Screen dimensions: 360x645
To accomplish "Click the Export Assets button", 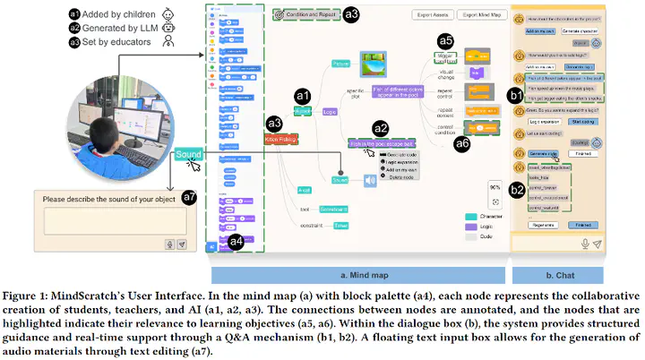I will (x=433, y=15).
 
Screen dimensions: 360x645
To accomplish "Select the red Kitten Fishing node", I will (x=281, y=140).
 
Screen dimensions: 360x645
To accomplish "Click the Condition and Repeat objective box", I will (x=304, y=14).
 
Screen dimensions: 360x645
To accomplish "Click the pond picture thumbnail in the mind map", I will (x=371, y=63).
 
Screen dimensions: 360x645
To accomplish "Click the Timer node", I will (x=316, y=226).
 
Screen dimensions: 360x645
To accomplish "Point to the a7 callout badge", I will (x=189, y=196).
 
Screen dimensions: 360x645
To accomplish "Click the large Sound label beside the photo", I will (x=188, y=154).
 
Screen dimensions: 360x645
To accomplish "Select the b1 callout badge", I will (x=516, y=92).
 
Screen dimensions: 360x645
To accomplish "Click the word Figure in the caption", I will (x=21, y=295).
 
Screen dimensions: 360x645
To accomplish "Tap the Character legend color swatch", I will (x=469, y=216).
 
